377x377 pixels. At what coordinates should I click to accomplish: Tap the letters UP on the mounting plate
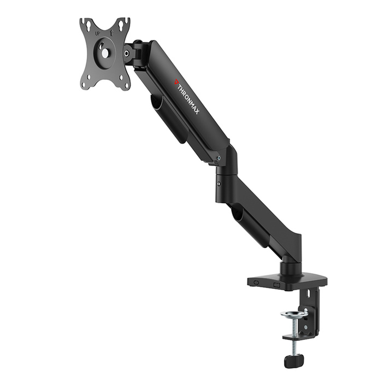[98, 34]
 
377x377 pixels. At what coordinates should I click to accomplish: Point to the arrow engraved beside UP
[111, 33]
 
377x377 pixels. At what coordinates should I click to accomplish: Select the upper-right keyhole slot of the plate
[121, 24]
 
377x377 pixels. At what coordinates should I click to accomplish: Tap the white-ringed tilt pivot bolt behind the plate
[127, 52]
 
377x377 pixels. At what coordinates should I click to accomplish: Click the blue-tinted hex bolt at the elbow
[219, 158]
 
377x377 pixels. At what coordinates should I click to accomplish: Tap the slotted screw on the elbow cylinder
[219, 184]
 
